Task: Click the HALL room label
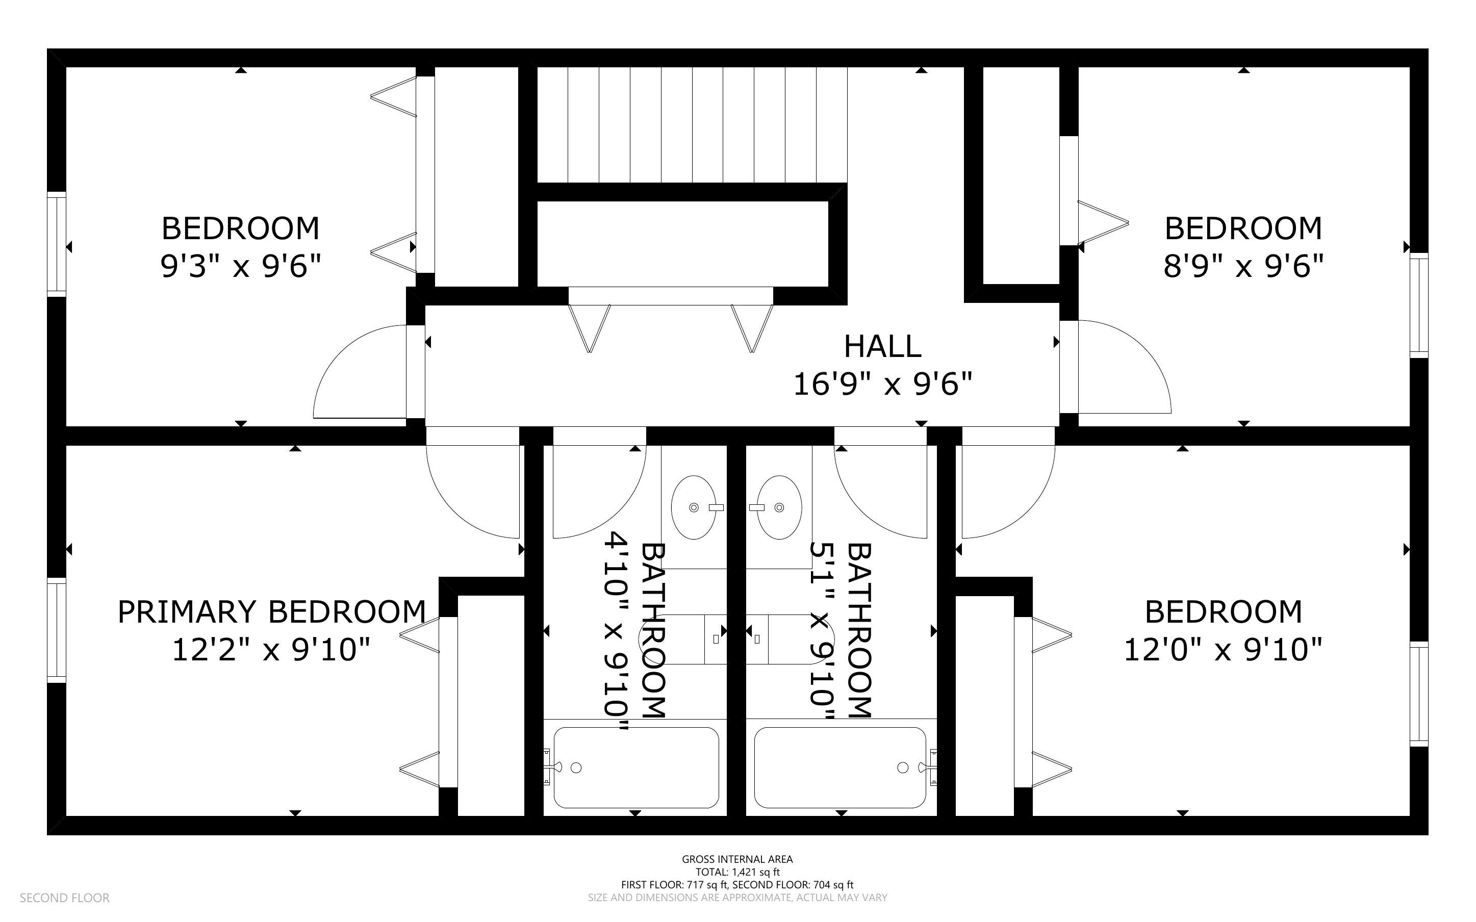882,346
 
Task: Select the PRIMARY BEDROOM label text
271,611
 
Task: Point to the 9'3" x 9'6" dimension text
240,266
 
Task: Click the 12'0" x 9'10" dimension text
1223,649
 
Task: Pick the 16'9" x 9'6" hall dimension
882,384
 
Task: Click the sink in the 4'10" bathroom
694,507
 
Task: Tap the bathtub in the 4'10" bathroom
636,767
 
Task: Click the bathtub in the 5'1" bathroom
840,767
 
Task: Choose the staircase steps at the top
692,124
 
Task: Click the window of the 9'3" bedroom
57,244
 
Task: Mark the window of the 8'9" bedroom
1419,305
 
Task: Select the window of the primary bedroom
57,630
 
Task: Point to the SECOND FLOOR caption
65,898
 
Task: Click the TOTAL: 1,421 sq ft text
737,872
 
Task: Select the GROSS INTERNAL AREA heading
737,859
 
